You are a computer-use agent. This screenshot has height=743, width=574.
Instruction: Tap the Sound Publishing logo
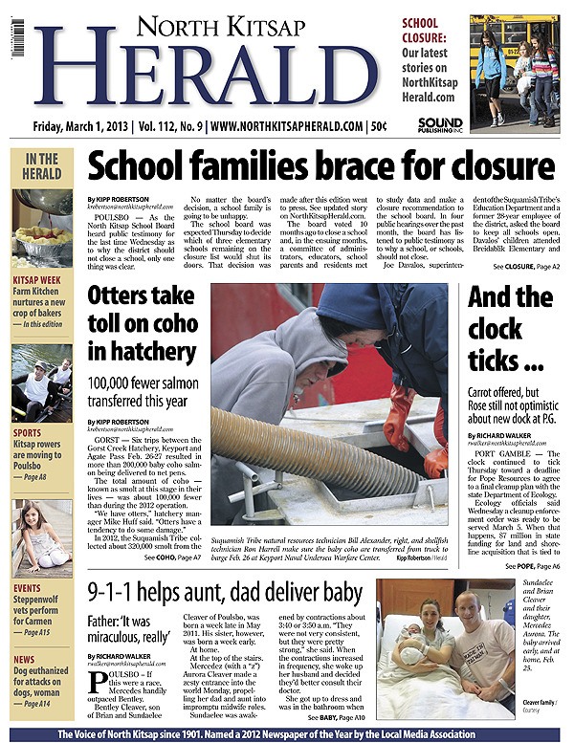[440, 125]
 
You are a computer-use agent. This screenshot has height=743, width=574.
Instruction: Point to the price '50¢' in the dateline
[379, 125]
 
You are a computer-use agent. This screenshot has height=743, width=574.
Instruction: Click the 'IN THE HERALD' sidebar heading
[41, 166]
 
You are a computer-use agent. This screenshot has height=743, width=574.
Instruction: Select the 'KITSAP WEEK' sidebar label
[38, 280]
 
